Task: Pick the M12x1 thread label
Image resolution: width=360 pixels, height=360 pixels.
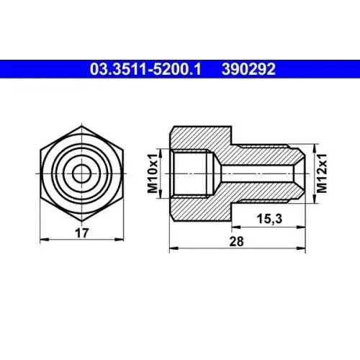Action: (x=323, y=174)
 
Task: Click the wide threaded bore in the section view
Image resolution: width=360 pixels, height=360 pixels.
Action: (x=193, y=174)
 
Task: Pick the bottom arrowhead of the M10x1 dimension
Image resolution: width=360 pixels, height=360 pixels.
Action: (x=168, y=196)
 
